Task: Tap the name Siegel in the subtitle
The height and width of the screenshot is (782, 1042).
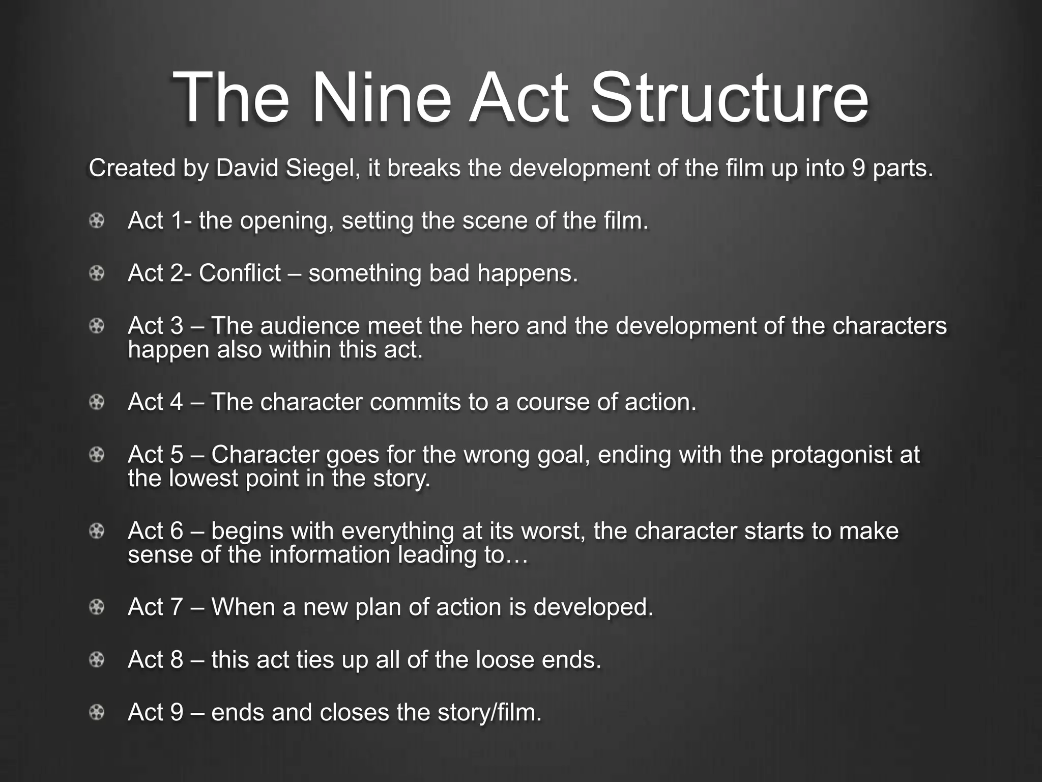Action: (320, 168)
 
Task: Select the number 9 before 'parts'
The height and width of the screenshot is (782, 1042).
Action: (858, 168)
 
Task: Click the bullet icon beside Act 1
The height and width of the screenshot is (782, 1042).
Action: (97, 221)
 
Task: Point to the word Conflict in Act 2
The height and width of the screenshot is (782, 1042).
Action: (240, 273)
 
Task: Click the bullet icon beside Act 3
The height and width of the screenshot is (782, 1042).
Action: (97, 326)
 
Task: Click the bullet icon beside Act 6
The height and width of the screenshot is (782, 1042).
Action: (97, 532)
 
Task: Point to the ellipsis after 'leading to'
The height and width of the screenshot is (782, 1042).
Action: (517, 555)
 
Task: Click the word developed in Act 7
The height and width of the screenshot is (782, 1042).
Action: (593, 607)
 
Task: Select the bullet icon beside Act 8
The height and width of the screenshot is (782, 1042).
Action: (97, 660)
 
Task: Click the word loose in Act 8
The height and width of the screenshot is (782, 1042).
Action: (504, 660)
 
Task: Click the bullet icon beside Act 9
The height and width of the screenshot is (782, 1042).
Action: (97, 712)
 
